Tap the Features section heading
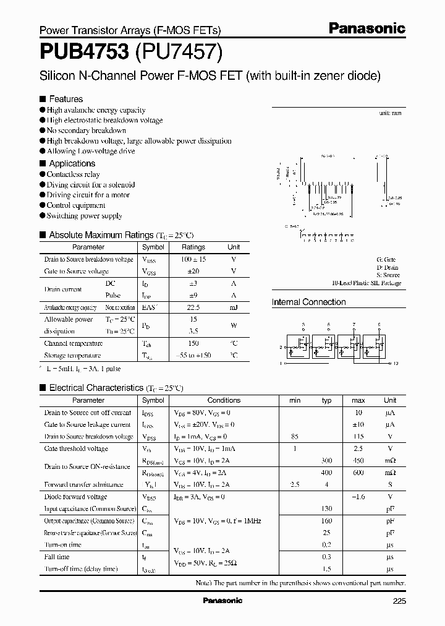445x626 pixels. coord(66,99)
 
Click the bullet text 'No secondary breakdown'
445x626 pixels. coord(87,131)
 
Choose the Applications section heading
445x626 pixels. coord(72,163)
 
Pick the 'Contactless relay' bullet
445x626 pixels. coord(73,174)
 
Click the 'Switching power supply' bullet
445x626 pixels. coord(84,216)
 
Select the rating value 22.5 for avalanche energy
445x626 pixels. coord(193,307)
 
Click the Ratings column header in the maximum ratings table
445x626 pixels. coord(193,247)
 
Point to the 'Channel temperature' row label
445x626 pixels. coord(73,343)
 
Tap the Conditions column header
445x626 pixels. coord(224,400)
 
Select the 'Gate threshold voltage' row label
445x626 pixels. coord(76,448)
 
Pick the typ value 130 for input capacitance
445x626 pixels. coord(326,508)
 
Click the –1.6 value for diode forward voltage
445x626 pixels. coord(358,497)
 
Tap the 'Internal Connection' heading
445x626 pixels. coord(308,302)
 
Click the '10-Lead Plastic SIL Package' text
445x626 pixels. coord(366,283)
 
